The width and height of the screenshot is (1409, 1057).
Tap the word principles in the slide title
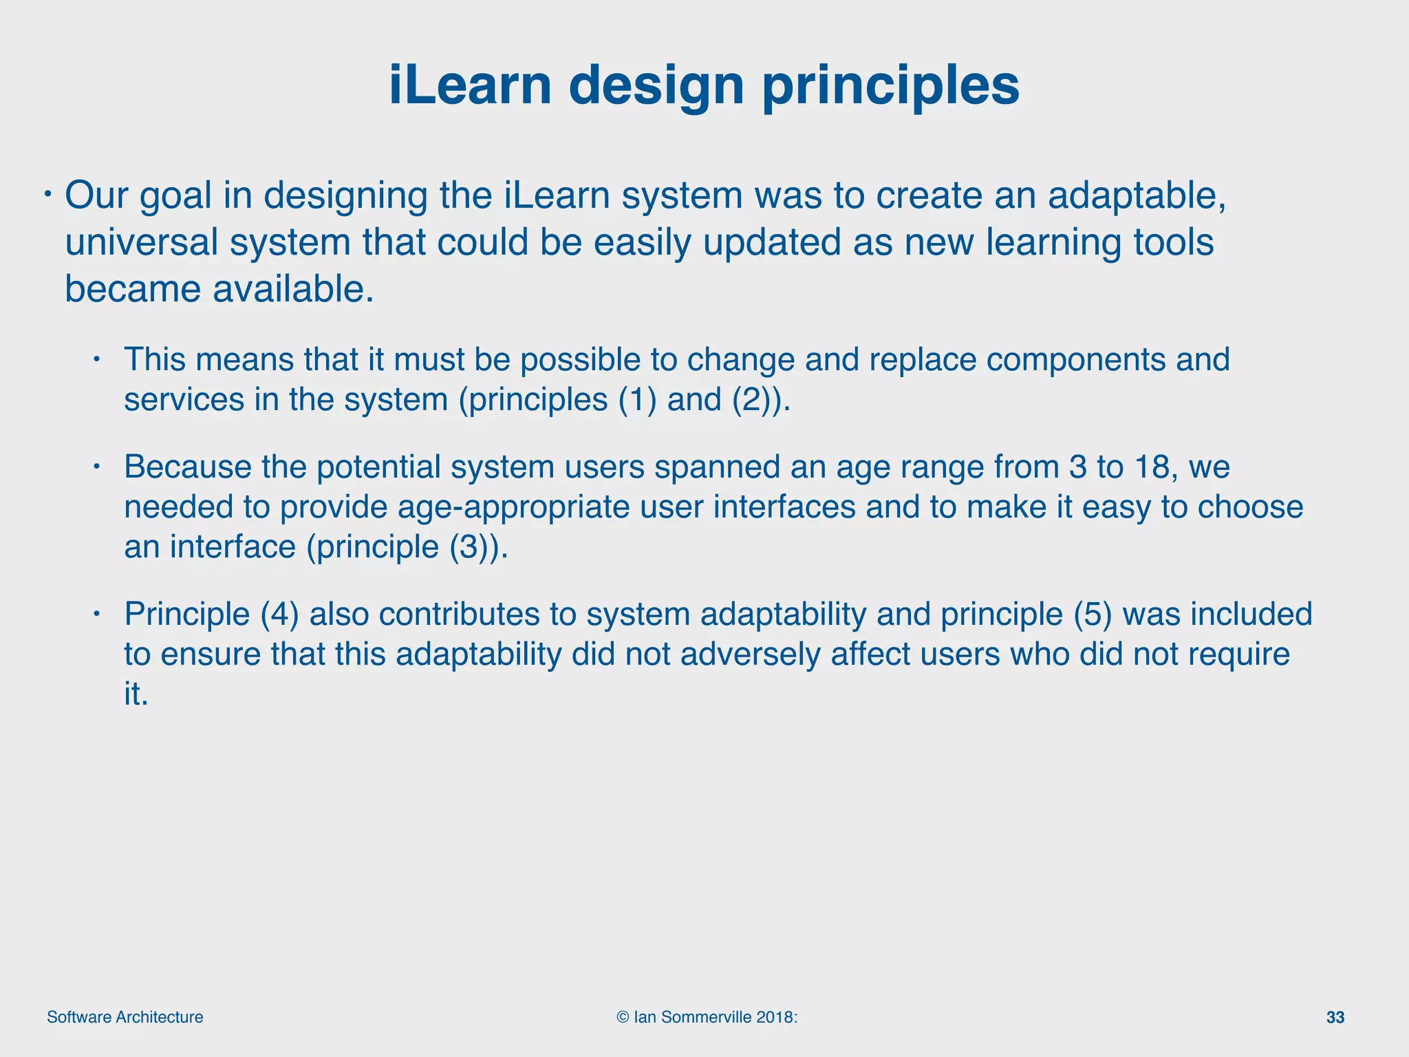pyautogui.click(x=891, y=85)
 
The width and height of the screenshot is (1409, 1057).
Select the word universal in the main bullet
pyautogui.click(x=140, y=242)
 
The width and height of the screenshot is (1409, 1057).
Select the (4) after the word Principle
pyautogui.click(x=279, y=614)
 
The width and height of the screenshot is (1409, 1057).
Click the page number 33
pyautogui.click(x=1335, y=1018)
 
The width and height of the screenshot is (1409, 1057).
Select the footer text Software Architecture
pyautogui.click(x=125, y=1018)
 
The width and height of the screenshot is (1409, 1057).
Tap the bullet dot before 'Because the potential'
pyautogui.click(x=98, y=467)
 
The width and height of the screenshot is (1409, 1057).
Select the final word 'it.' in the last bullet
pyautogui.click(x=136, y=694)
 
